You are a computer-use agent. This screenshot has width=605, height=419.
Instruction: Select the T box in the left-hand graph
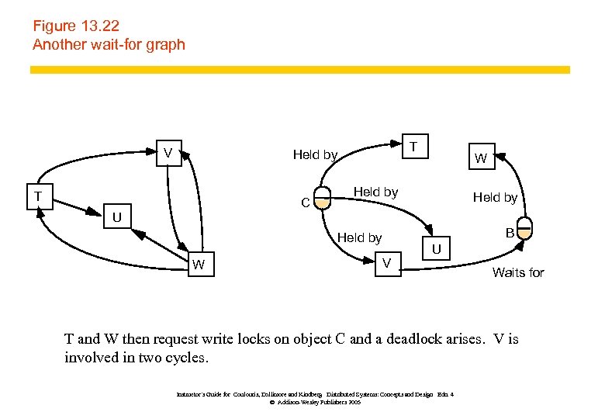click(36, 196)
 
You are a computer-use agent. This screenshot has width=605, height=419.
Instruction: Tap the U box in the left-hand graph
click(116, 216)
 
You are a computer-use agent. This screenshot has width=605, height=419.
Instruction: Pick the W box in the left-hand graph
click(199, 265)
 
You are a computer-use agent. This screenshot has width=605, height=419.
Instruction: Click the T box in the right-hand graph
click(414, 146)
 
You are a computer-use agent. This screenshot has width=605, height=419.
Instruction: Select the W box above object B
click(481, 159)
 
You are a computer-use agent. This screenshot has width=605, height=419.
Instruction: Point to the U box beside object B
click(437, 249)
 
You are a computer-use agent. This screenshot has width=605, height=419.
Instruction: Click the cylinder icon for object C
click(323, 203)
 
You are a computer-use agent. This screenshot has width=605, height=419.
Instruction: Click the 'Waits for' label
click(518, 272)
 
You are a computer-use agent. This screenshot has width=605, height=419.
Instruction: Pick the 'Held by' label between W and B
click(495, 198)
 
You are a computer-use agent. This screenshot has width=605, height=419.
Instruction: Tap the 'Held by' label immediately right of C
click(375, 192)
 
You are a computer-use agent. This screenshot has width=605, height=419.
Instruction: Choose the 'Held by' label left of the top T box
click(315, 155)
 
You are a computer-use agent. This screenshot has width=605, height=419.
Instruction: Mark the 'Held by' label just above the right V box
click(359, 237)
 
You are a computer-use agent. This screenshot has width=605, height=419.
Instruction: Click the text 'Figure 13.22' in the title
click(75, 26)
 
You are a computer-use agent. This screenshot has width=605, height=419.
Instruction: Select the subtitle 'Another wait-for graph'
click(109, 44)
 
